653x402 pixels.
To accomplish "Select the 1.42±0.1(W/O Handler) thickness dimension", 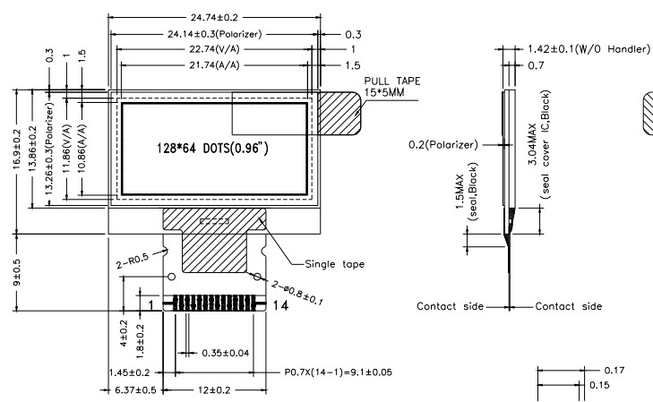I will [586, 48].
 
